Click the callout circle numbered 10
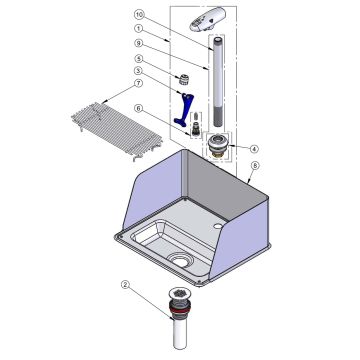(139, 15)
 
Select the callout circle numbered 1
(139, 29)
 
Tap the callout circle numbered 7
(139, 83)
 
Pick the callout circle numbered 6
(139, 108)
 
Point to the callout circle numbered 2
(125, 285)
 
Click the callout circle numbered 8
(254, 165)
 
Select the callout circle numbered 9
(139, 43)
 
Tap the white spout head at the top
(208, 19)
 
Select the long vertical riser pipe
(218, 82)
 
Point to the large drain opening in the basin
(180, 261)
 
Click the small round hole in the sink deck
(218, 226)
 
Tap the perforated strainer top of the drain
(180, 294)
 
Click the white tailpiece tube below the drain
(180, 334)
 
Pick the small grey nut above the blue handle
(183, 79)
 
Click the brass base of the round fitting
(218, 154)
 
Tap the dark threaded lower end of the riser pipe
(218, 115)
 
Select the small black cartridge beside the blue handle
(196, 128)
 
